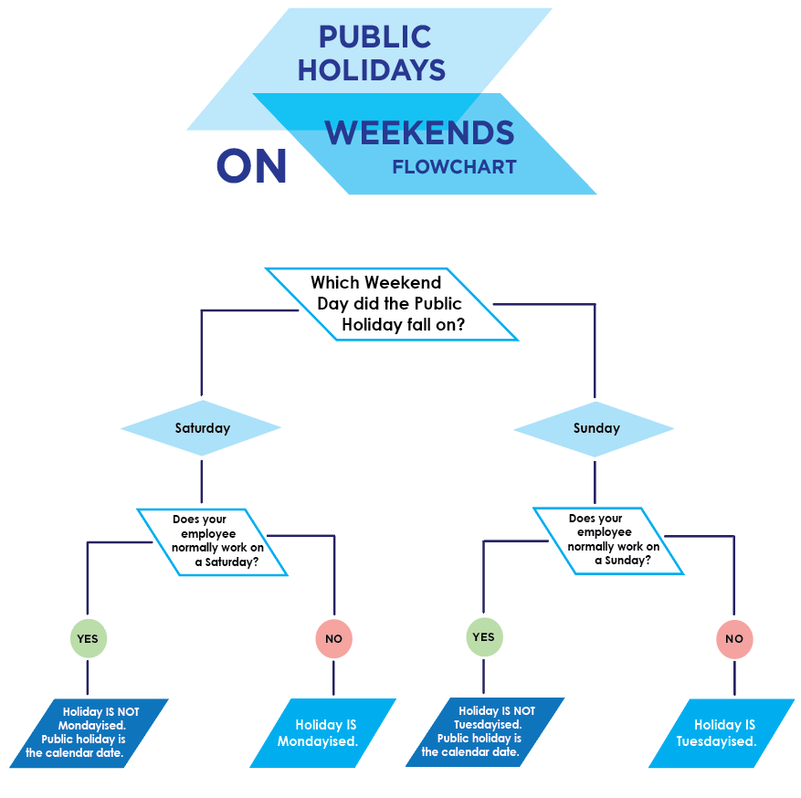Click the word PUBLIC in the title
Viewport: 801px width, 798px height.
[x=374, y=37]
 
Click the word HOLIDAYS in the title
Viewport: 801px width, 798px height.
[x=371, y=70]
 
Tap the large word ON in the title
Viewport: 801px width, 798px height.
[x=251, y=167]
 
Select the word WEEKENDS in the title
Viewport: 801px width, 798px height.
[x=419, y=133]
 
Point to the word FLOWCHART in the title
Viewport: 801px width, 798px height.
[x=454, y=168]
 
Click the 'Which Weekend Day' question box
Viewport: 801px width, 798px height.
[x=392, y=304]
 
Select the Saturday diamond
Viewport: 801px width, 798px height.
[x=202, y=428]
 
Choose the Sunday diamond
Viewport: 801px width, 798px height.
[x=595, y=428]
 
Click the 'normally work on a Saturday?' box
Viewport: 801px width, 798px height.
[x=214, y=541]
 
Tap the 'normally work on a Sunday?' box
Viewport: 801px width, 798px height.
[x=609, y=541]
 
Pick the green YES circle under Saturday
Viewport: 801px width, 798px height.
[x=88, y=639]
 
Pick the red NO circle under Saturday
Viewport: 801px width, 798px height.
[x=333, y=639]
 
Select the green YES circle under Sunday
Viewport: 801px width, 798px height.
[x=483, y=637]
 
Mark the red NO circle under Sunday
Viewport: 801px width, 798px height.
[x=733, y=639]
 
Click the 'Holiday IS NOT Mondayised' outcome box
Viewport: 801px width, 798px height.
[x=90, y=732]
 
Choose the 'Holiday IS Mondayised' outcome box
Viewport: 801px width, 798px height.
[x=322, y=732]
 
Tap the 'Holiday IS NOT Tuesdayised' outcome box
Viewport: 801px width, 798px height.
[x=485, y=731]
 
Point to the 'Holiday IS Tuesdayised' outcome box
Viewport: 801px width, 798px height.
[x=722, y=732]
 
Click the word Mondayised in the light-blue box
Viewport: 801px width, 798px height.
[x=317, y=741]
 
